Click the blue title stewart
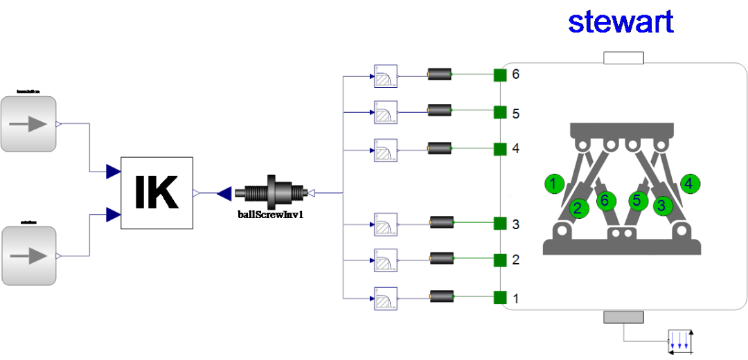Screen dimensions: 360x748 pyautogui.click(x=620, y=22)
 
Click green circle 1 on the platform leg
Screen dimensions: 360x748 pyautogui.click(x=553, y=184)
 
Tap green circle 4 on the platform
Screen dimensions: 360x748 pyautogui.click(x=691, y=183)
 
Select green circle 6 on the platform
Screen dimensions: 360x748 pyautogui.click(x=605, y=201)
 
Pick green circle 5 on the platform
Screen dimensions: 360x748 pyautogui.click(x=639, y=201)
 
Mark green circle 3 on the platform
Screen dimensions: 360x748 pyautogui.click(x=664, y=206)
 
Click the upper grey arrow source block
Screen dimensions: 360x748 pyautogui.click(x=28, y=124)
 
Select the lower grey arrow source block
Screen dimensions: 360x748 pyautogui.click(x=28, y=255)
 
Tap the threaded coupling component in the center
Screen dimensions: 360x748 pyautogui.click(x=271, y=193)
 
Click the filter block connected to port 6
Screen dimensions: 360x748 pyautogui.click(x=386, y=75)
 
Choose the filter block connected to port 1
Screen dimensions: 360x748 pyautogui.click(x=386, y=298)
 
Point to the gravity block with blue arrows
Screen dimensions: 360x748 pyautogui.click(x=679, y=340)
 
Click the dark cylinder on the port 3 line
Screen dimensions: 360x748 pyautogui.click(x=442, y=223)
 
